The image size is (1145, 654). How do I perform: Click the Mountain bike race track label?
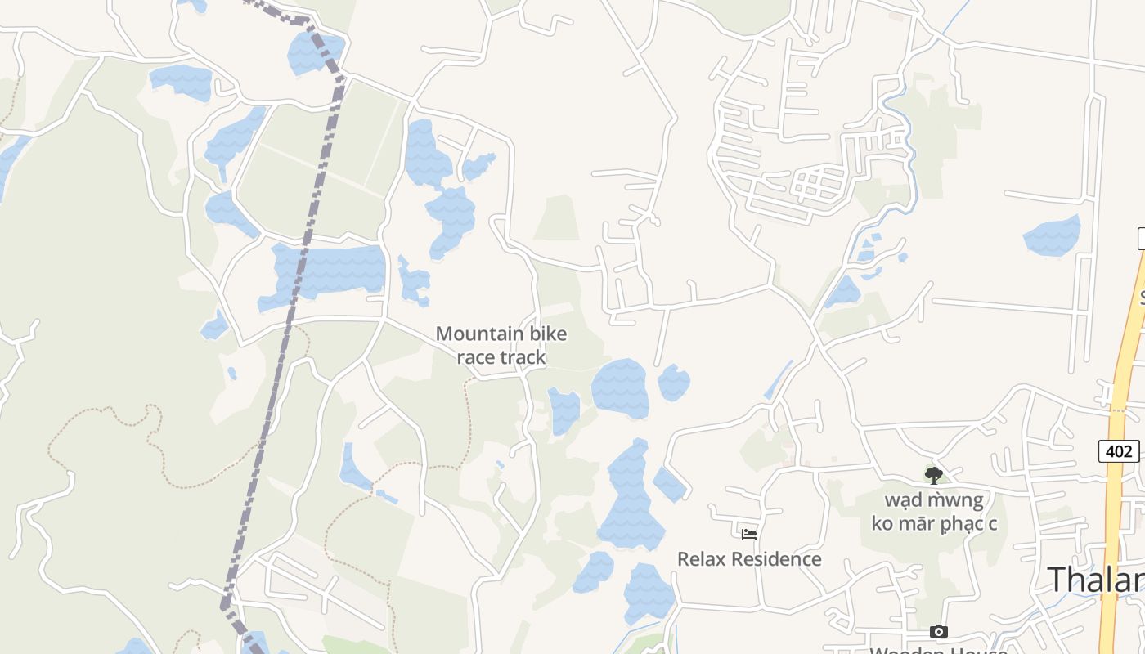pos(501,345)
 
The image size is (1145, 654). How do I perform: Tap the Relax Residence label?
pos(748,559)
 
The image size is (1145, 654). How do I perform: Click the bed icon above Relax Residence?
pos(748,535)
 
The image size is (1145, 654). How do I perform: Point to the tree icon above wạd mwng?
pos(933,476)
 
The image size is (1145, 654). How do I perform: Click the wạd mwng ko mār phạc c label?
pos(933,511)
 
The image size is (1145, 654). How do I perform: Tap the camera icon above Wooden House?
pos(938,631)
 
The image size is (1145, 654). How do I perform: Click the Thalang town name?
pos(1096,579)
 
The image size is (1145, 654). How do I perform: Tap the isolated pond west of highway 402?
pos(1052,235)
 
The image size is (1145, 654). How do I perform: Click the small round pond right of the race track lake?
pos(673,383)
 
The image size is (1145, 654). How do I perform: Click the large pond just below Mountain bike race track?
pos(620,387)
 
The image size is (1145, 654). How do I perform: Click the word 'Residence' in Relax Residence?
pos(777,559)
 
